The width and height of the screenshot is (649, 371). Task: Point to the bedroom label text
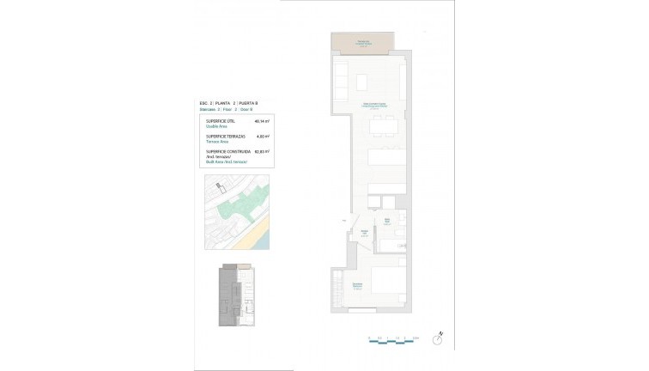[x=357, y=287]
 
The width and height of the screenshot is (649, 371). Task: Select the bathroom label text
[x=387, y=222]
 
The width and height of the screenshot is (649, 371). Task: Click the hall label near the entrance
[x=366, y=233]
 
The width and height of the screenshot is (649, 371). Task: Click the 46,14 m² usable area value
[x=263, y=122]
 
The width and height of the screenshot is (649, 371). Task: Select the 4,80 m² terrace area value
[x=264, y=137]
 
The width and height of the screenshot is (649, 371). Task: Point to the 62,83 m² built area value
[x=263, y=151]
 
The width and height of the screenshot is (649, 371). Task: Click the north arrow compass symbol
[x=438, y=339]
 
